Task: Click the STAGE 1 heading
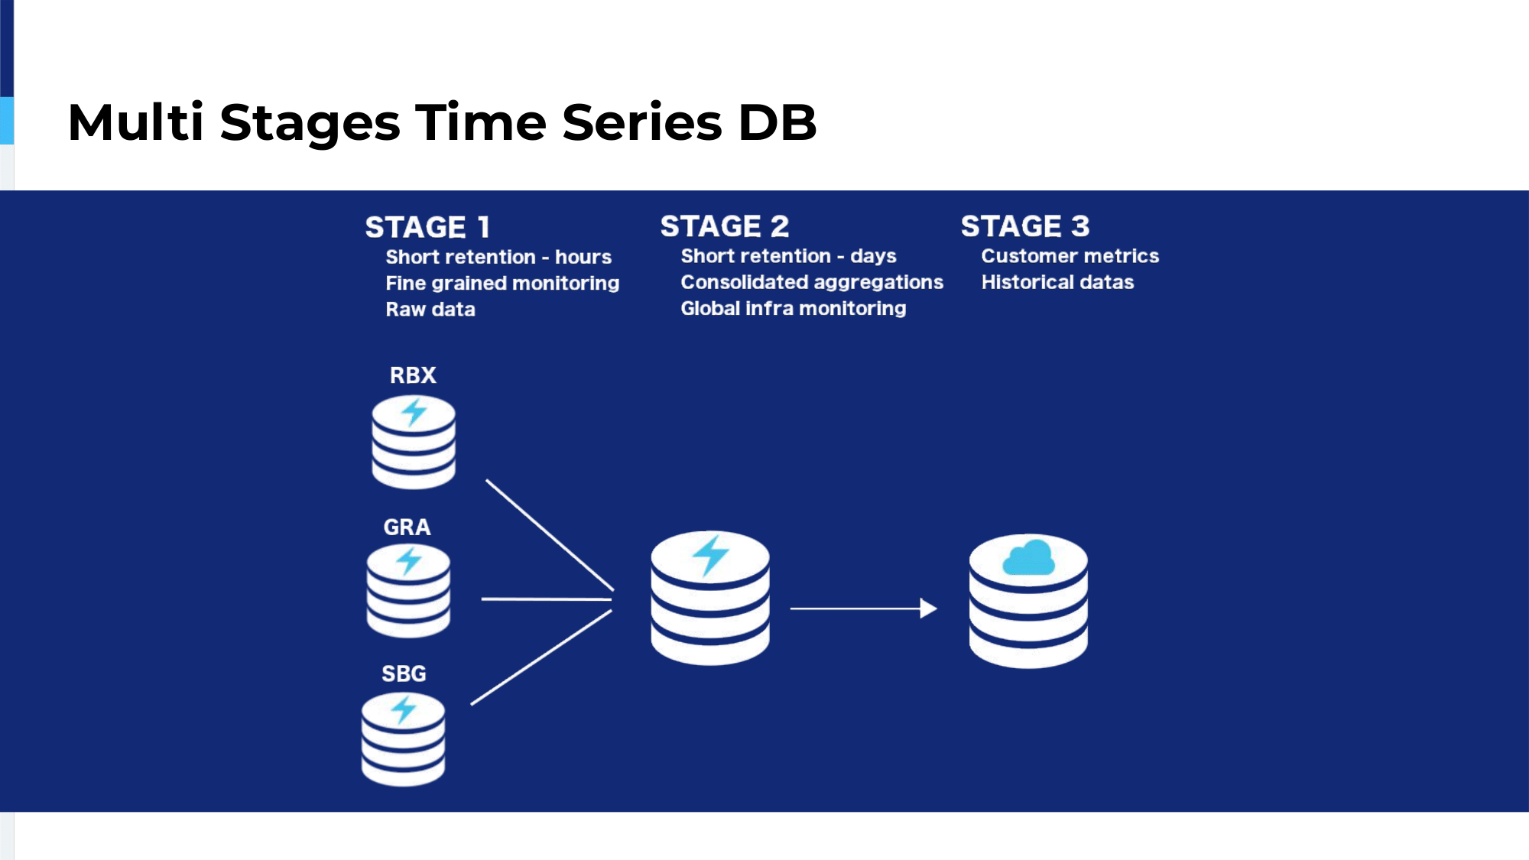(x=427, y=227)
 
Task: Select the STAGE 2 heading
(x=725, y=226)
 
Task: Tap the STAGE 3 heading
(x=1025, y=226)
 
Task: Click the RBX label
(x=413, y=375)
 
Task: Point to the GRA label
(x=407, y=527)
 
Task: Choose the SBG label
(x=404, y=673)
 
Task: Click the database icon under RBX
(x=414, y=442)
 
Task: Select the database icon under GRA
(x=408, y=590)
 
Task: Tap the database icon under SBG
(x=403, y=739)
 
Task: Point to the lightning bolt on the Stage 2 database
(x=711, y=554)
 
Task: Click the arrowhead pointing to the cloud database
(x=929, y=608)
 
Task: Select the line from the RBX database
(x=550, y=535)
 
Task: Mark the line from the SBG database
(x=541, y=657)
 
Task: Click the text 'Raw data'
(x=430, y=310)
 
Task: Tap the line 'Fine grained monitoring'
(x=502, y=284)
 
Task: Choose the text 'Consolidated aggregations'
(x=812, y=283)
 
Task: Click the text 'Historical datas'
(x=1057, y=282)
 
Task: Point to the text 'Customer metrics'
(x=1070, y=256)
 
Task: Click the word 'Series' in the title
(x=642, y=122)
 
